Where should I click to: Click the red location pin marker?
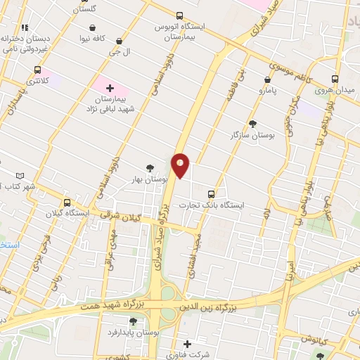[x=181, y=165]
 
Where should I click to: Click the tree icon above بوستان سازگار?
[x=252, y=123]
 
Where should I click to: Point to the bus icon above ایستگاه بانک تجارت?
[x=212, y=194]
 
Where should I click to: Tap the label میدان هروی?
[x=333, y=91]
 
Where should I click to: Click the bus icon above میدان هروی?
[x=335, y=79]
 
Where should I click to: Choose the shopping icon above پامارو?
[x=267, y=80]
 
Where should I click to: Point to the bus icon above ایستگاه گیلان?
[x=67, y=202]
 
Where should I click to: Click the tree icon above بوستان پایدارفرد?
[x=133, y=321]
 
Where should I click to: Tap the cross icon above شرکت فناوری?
[x=187, y=344]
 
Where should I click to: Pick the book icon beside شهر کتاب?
[x=20, y=176]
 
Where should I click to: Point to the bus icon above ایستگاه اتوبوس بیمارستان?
[x=179, y=15]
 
